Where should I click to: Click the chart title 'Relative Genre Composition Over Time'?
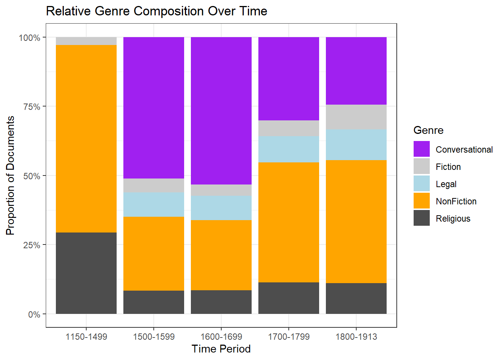(156, 11)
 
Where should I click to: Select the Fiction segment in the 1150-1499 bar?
(86, 41)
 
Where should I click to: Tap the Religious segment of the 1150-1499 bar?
(86, 273)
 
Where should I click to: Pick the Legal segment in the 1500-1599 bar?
(154, 205)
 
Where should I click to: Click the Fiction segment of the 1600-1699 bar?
(221, 190)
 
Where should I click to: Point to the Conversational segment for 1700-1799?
(289, 79)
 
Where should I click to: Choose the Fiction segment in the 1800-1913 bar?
(356, 117)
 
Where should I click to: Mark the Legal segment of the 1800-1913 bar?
(356, 145)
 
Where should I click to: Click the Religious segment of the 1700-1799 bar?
(289, 298)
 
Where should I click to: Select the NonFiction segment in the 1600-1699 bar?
(221, 255)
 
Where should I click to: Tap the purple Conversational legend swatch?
(421, 149)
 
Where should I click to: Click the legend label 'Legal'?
(446, 184)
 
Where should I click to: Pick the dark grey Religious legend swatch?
(421, 218)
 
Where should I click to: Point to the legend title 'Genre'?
(428, 130)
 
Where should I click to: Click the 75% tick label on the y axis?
(31, 107)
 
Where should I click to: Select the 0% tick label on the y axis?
(34, 315)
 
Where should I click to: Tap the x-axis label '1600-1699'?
(221, 337)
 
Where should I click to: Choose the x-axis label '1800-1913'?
(356, 337)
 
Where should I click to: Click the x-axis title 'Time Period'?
(221, 349)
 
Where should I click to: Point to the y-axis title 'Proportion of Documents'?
(10, 175)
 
